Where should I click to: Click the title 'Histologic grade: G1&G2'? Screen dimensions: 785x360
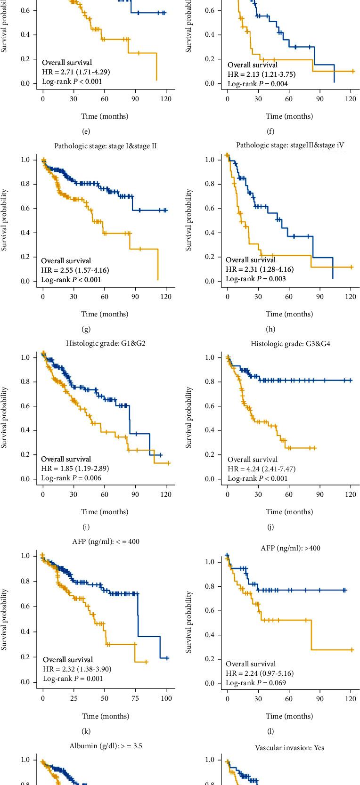click(x=105, y=343)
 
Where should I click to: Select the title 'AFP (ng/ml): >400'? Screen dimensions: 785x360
click(x=290, y=548)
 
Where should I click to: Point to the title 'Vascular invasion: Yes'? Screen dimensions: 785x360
click(x=289, y=747)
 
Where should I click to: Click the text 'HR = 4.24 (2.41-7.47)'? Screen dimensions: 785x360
click(x=262, y=469)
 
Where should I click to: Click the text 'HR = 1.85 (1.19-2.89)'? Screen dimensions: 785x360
click(x=75, y=469)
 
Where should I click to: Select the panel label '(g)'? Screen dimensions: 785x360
click(x=86, y=329)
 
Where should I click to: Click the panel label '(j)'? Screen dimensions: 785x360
click(x=270, y=527)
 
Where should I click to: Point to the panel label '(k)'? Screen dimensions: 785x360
click(x=86, y=731)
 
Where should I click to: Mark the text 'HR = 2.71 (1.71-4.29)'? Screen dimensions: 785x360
click(x=76, y=72)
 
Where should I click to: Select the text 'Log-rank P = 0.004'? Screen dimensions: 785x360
click(x=258, y=84)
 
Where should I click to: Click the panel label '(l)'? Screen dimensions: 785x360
click(x=270, y=731)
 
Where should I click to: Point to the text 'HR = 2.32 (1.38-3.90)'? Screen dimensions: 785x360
click(x=77, y=669)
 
